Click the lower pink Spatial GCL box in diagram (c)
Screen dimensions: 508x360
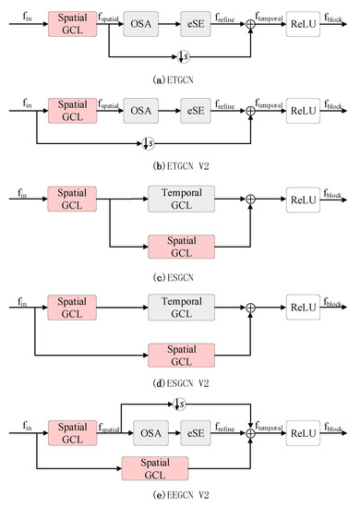181,246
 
